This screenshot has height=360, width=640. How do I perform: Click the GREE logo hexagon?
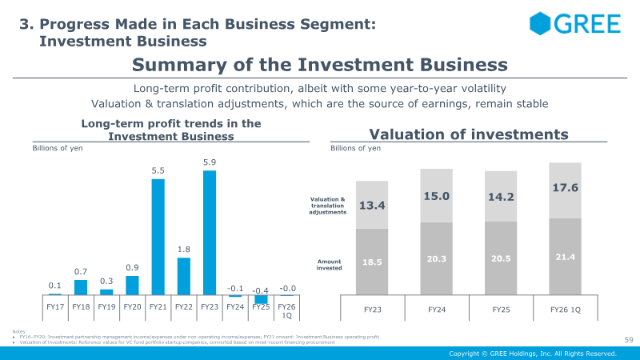point(542,23)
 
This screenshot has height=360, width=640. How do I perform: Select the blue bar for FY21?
point(158,237)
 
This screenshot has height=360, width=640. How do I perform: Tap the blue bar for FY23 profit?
point(210,233)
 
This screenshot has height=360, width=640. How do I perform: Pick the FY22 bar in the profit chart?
point(184,276)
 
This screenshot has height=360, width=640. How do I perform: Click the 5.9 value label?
point(210,162)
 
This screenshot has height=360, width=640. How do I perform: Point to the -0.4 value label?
point(261,290)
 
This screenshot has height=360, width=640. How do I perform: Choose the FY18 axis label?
point(81,306)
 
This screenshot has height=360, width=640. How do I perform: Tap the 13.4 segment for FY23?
point(372,206)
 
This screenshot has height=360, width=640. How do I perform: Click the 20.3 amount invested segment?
point(436,258)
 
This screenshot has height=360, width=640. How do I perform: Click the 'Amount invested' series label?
point(330,264)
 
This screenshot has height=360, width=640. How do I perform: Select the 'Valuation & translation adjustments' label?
point(328,205)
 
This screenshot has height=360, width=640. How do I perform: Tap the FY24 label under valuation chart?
point(436,308)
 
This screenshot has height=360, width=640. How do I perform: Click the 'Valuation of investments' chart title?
point(468,134)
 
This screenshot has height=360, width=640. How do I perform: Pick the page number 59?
point(628,341)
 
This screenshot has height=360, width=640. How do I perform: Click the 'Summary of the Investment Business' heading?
point(319,65)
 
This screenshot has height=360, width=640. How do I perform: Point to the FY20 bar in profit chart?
point(133,286)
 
